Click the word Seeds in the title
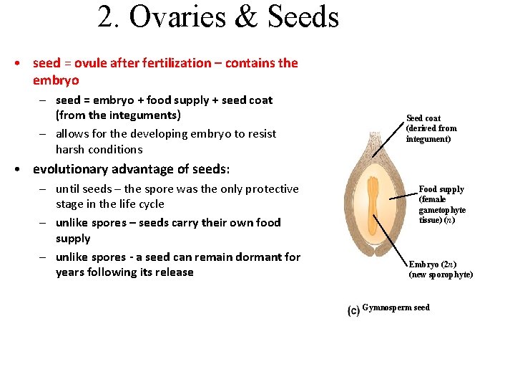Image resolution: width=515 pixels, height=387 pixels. pos(303,17)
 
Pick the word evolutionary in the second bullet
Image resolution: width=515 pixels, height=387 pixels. pos(70,169)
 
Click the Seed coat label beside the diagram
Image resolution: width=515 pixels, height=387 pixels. pos(423,118)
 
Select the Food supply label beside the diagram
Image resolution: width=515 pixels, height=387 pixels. pos(441,189)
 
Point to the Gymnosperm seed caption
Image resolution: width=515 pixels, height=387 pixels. pos(396,308)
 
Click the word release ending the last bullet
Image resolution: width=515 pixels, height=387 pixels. pos(174,272)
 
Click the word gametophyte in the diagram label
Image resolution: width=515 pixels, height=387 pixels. pos(442,210)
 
